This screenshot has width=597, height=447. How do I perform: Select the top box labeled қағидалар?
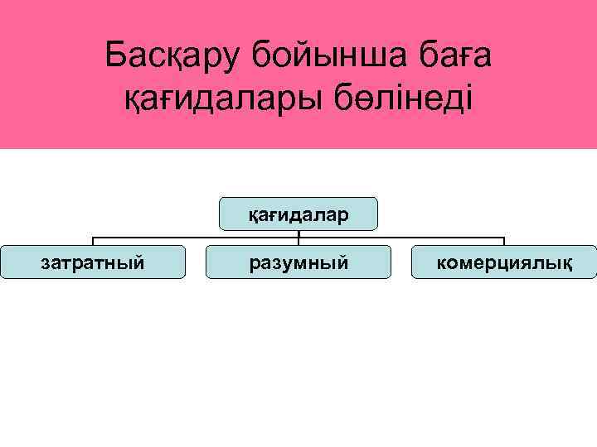(298, 214)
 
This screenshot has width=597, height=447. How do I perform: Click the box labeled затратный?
(92, 262)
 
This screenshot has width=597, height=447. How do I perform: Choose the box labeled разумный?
(298, 262)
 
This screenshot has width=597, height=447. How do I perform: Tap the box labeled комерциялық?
(504, 262)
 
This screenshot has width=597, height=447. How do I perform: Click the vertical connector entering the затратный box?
(92, 242)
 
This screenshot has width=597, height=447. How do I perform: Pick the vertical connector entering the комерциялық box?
(504, 242)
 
